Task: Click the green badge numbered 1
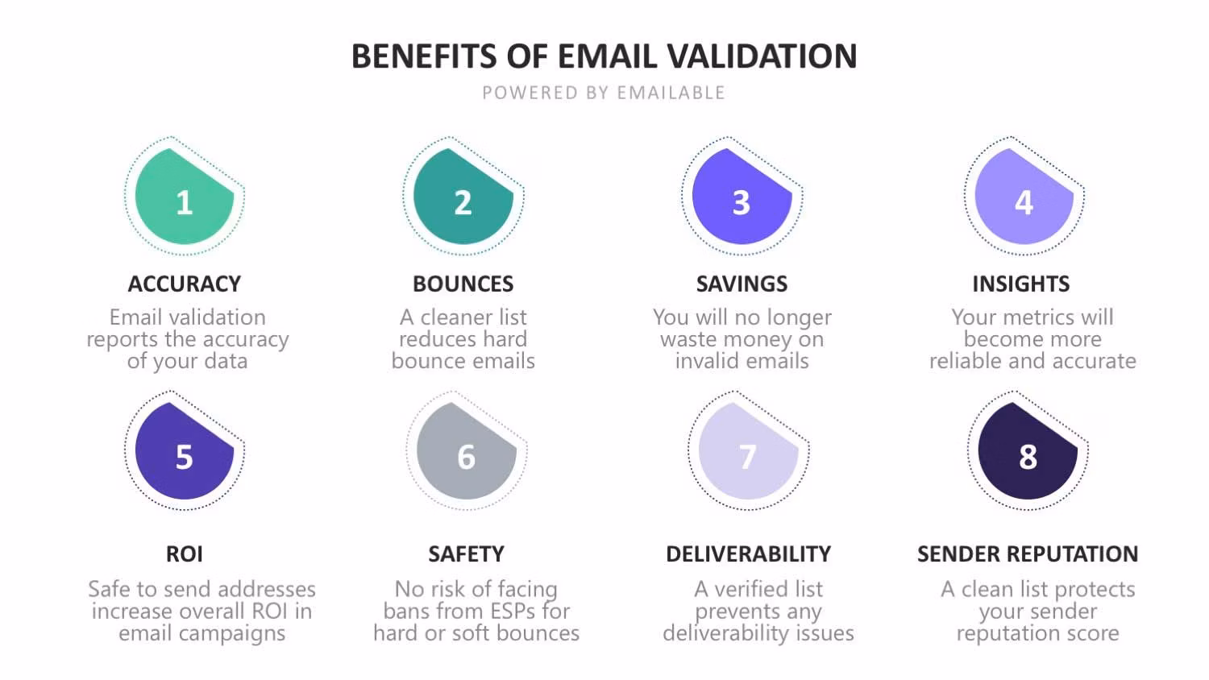(x=184, y=197)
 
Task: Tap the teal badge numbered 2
(x=463, y=197)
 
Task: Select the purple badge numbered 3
(x=742, y=197)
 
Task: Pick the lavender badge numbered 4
(x=1024, y=197)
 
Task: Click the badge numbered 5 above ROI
(x=184, y=450)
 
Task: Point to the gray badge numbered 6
(x=467, y=450)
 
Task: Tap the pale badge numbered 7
(x=748, y=450)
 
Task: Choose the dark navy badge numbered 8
(x=1028, y=450)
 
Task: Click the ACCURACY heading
(x=185, y=284)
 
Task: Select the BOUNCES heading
(x=463, y=284)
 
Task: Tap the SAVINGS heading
(x=742, y=284)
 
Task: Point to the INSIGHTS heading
(x=1021, y=284)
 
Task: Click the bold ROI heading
(x=184, y=554)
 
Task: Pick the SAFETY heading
(x=467, y=554)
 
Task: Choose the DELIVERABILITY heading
(x=749, y=554)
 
